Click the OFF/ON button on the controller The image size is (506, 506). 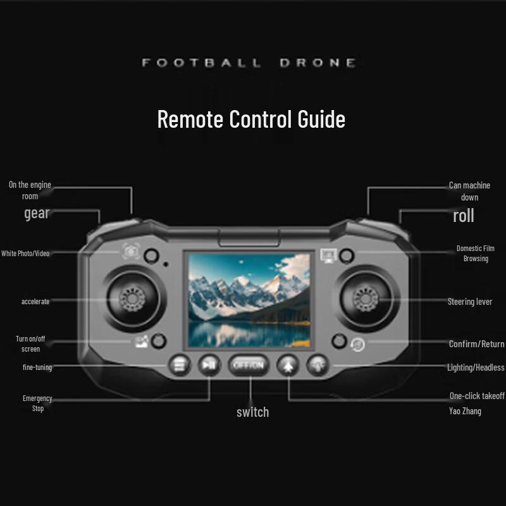click(x=248, y=365)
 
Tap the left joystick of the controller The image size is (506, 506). click(x=133, y=299)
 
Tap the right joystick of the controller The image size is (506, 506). click(x=366, y=299)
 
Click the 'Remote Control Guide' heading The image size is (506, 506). click(x=251, y=119)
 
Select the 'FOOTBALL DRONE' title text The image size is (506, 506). click(x=249, y=63)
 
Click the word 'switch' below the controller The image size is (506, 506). click(x=252, y=412)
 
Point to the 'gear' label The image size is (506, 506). click(x=37, y=213)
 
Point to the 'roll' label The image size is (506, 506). click(x=464, y=216)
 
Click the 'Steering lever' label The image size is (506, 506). click(x=470, y=302)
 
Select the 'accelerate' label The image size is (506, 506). click(x=35, y=302)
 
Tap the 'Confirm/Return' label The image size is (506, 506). click(x=477, y=344)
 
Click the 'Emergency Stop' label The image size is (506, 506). click(x=37, y=404)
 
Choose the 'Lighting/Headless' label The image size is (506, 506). click(x=476, y=367)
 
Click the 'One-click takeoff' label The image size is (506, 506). click(x=477, y=396)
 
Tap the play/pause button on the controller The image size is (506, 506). click(x=209, y=365)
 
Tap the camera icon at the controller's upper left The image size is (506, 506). click(x=131, y=251)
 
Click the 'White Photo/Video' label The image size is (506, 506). click(x=25, y=254)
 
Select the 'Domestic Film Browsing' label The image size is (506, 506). click(x=476, y=254)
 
